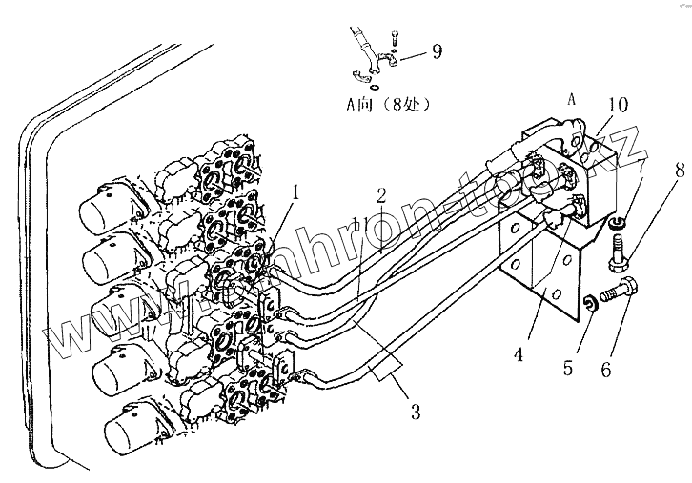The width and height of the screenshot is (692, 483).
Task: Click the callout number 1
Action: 270,191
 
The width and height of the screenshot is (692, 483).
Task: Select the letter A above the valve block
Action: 572,97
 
